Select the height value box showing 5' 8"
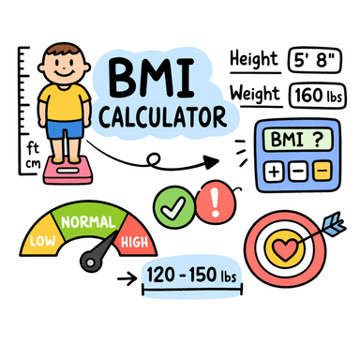[x=316, y=59]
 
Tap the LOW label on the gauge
[x=41, y=241]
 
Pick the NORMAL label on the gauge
[x=88, y=222]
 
